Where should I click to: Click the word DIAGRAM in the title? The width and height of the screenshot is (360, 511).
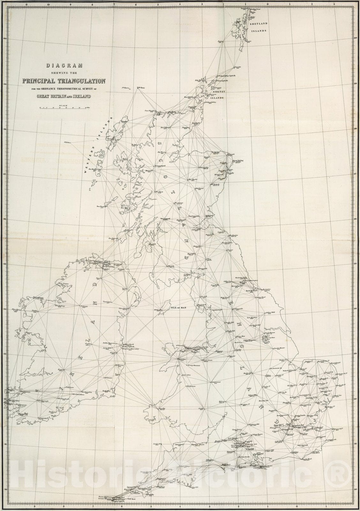[x=65, y=66]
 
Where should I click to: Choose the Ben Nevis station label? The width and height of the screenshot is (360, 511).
[x=159, y=192]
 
